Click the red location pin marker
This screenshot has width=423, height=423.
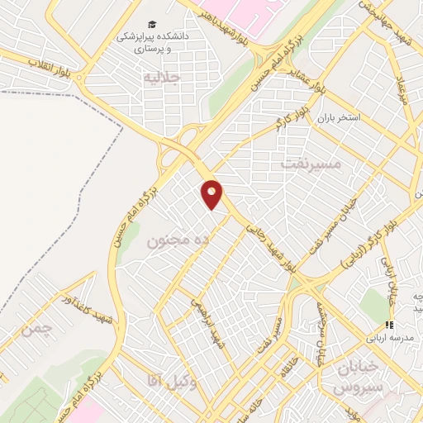[x=212, y=194]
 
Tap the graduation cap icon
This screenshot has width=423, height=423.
[x=151, y=26]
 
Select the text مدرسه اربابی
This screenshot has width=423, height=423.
[x=381, y=339]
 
